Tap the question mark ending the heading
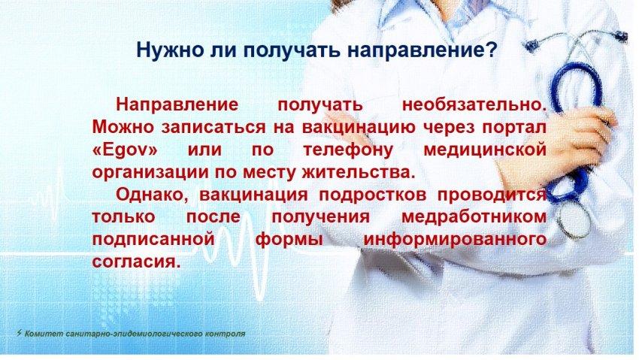(x=492, y=50)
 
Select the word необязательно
(x=474, y=104)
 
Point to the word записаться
(x=212, y=128)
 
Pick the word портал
(x=514, y=128)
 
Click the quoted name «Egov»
(x=125, y=150)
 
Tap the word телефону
(x=348, y=150)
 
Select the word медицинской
(x=485, y=150)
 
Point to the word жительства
(x=358, y=173)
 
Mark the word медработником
(x=474, y=216)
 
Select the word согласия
(x=136, y=262)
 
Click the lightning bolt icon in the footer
(x=20, y=333)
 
